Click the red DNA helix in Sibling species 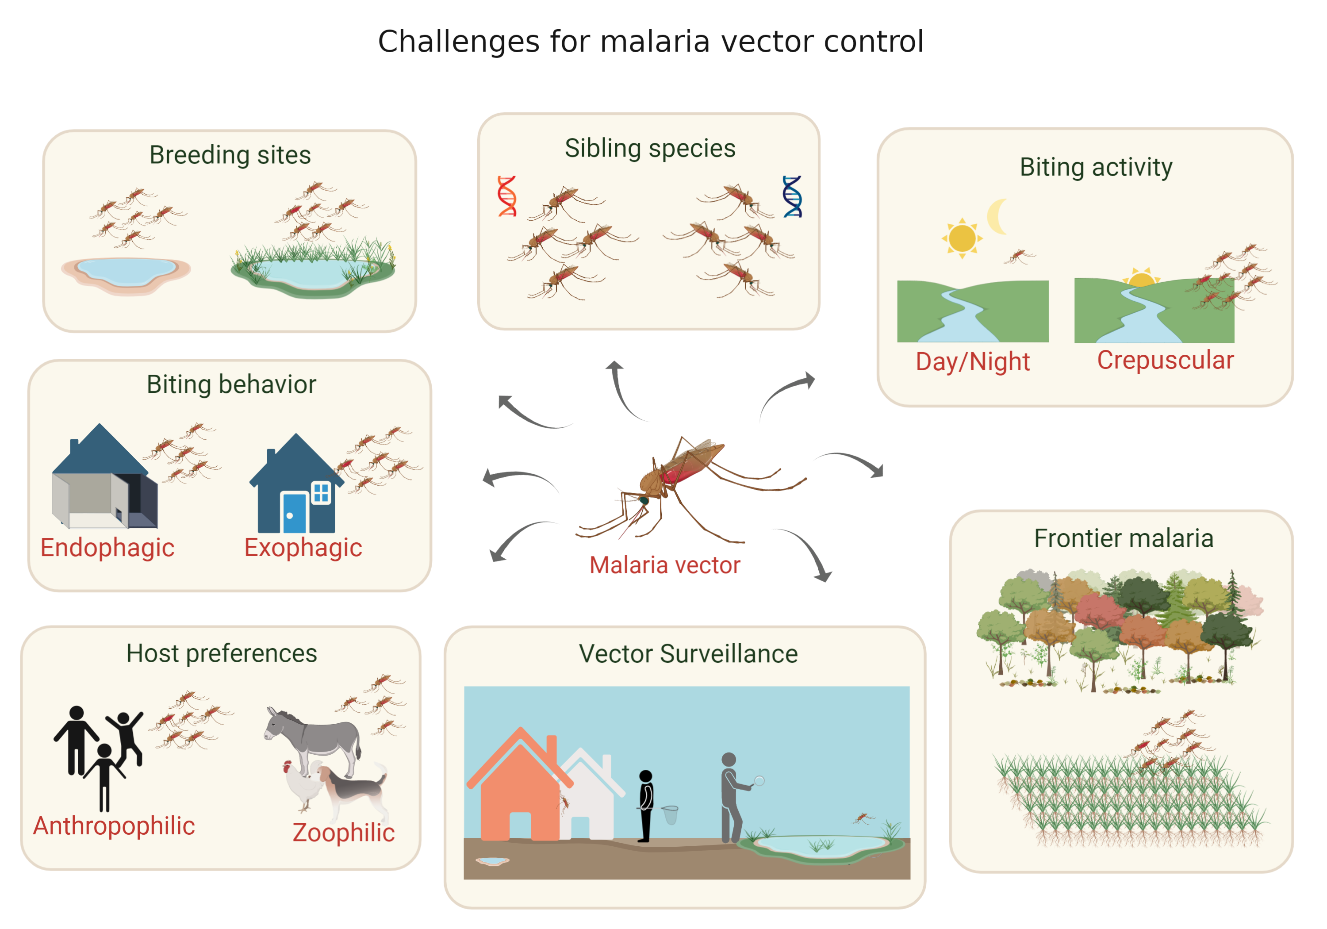[x=507, y=196]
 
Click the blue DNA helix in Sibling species [x=792, y=196]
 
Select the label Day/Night [x=972, y=362]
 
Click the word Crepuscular [x=1165, y=360]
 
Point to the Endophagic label [x=107, y=548]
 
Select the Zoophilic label [x=343, y=833]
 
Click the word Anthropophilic [x=114, y=825]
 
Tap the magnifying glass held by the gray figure [x=759, y=780]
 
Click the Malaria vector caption [x=665, y=565]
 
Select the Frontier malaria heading [x=1123, y=538]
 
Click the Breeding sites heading [x=230, y=155]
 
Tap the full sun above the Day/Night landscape [x=962, y=238]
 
